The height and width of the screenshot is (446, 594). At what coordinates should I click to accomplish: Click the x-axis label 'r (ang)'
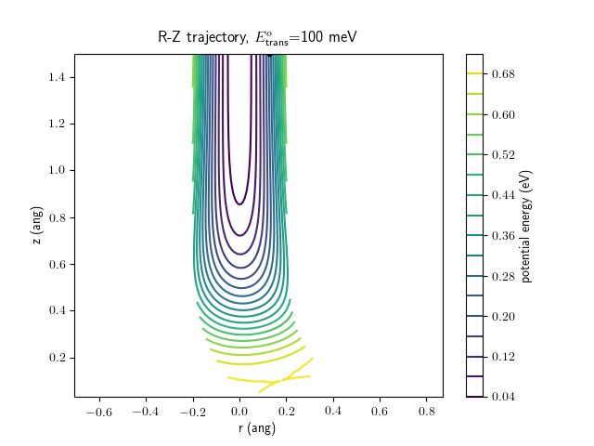pyautogui.click(x=256, y=428)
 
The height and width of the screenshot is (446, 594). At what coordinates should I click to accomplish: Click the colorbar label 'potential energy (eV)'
pyautogui.click(x=526, y=226)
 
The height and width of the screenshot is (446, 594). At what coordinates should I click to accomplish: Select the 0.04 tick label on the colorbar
pyautogui.click(x=502, y=397)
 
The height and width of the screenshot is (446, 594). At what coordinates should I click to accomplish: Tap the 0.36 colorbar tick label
pyautogui.click(x=502, y=235)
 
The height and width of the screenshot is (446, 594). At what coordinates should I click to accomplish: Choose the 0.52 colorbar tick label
pyautogui.click(x=502, y=154)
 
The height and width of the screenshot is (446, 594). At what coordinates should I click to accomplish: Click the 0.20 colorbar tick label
pyautogui.click(x=502, y=316)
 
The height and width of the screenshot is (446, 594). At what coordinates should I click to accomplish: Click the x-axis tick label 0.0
pyautogui.click(x=239, y=411)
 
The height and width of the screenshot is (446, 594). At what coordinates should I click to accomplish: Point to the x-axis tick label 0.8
pyautogui.click(x=426, y=411)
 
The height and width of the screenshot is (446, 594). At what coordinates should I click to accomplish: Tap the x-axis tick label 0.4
pyautogui.click(x=332, y=411)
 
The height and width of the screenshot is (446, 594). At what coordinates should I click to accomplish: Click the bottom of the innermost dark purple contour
pyautogui.click(x=239, y=203)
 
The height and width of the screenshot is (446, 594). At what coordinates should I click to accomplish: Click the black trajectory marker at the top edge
pyautogui.click(x=269, y=54)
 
